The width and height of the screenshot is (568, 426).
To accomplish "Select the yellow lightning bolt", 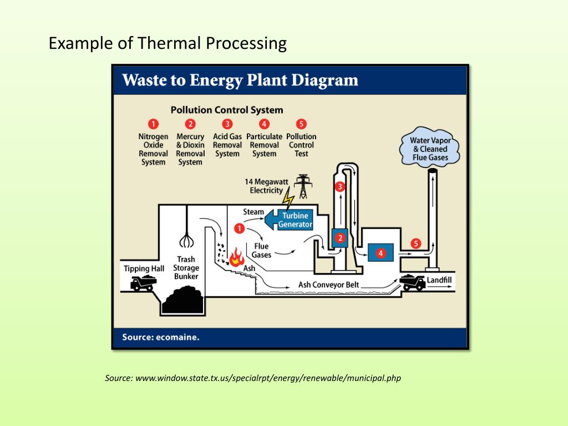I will tap(287, 198).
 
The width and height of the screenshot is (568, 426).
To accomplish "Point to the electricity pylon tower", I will tap(303, 186).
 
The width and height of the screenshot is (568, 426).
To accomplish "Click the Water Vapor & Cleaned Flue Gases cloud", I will tap(430, 149).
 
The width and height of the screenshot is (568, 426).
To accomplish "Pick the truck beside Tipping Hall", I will tap(143, 283).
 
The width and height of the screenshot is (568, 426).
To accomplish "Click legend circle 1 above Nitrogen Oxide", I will tap(153, 124).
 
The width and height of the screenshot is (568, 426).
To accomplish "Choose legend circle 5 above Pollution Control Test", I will tap(301, 124).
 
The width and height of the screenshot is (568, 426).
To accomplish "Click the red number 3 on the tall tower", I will tap(340, 187).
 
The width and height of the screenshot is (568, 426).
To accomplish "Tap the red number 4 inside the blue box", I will tap(381, 253).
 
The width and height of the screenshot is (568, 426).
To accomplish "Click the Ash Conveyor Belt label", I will tap(329, 285).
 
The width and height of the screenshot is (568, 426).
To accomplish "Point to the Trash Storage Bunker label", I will tap(186, 268).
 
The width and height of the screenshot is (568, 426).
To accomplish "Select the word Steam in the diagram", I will tap(253, 212).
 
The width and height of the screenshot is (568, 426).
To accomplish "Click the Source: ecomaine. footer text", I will tap(161, 337).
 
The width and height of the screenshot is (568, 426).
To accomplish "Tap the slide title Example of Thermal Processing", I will tap(168, 43).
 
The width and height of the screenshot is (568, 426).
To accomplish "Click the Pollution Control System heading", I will tap(227, 110).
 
